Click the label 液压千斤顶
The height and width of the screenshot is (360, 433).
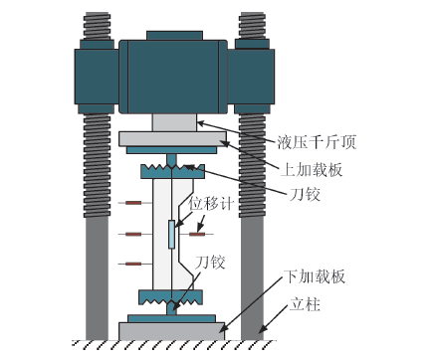click(317, 142)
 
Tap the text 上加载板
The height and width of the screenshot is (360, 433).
click(312, 170)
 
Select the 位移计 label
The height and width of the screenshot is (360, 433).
click(211, 203)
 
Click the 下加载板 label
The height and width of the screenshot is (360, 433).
click(315, 276)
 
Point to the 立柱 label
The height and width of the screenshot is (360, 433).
click(305, 304)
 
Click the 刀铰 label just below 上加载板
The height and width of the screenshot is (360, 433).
click(305, 194)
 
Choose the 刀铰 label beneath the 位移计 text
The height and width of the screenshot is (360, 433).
click(210, 262)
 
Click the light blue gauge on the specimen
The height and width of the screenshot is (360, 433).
click(171, 235)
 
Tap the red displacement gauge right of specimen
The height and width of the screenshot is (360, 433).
click(197, 234)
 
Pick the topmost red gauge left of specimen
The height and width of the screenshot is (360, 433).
click(133, 203)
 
